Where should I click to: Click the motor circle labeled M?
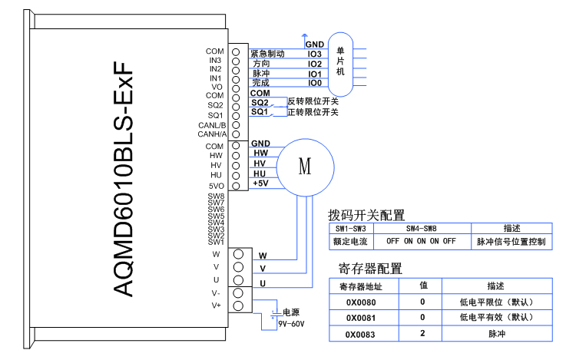pos(306,167)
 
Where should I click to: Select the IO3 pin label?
pos(314,54)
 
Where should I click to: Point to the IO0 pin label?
pos(314,83)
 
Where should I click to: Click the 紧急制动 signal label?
pos(268,54)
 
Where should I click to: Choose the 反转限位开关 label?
pos(313,101)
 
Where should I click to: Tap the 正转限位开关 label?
pos(313,112)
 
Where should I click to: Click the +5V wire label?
pos(260,183)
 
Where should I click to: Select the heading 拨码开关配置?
pos(366,216)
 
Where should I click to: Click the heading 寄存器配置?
pos(370,268)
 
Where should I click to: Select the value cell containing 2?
pos(422,335)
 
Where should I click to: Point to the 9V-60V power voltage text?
pos(291,324)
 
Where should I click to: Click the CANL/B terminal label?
pos(211,125)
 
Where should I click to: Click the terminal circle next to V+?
pos(237,306)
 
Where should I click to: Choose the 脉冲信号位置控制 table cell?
pos(511,241)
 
